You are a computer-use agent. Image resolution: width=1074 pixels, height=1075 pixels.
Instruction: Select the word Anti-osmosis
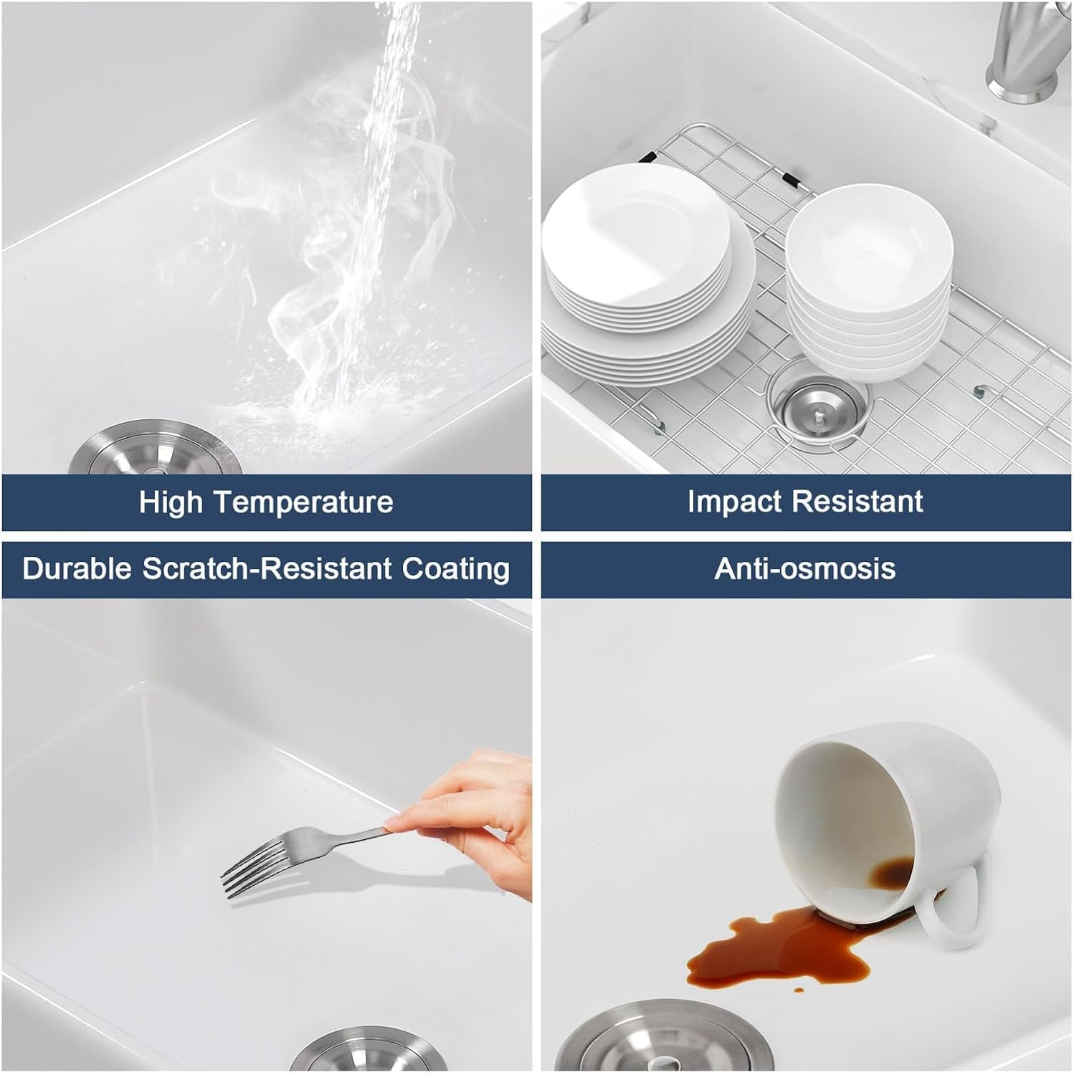point(805,569)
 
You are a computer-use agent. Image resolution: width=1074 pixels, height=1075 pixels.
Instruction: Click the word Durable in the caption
point(77,569)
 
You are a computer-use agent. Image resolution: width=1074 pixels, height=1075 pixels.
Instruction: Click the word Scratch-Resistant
point(267,569)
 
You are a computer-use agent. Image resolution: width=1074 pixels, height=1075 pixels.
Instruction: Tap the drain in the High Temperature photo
point(155,448)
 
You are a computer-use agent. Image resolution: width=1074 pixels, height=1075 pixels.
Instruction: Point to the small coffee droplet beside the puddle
point(799,990)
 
